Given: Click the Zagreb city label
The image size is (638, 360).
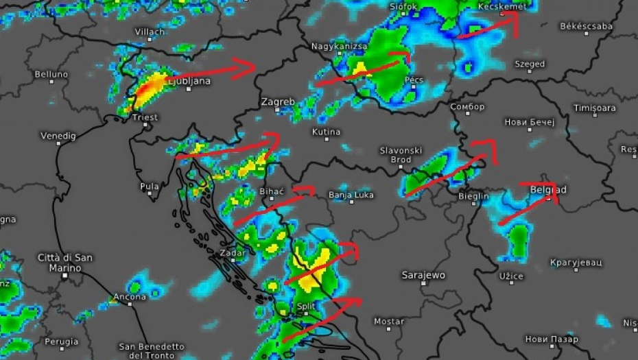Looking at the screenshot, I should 278,101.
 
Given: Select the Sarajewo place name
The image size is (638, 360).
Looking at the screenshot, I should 423,275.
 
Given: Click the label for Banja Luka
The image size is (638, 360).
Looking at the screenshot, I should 351,194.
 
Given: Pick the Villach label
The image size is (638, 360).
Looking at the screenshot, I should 150,32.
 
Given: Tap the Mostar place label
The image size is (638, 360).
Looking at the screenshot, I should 389,321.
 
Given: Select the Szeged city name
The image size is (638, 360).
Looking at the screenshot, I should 530,64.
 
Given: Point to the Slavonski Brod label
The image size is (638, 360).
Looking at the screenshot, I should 401,155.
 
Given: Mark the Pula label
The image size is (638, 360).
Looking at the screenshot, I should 149,186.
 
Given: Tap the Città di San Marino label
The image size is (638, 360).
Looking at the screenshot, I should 64,263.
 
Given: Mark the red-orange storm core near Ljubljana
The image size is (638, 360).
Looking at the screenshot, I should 149,87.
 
